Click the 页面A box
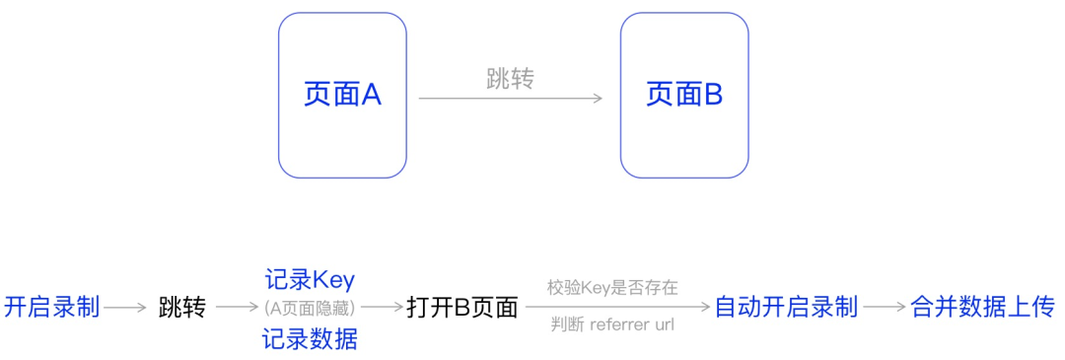(x=342, y=95)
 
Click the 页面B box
(x=684, y=95)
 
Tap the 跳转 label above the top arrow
(x=510, y=80)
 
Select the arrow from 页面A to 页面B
(x=510, y=98)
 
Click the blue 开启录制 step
(x=52, y=307)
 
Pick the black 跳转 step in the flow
(x=182, y=307)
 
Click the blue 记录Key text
(x=310, y=279)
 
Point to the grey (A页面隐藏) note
(x=310, y=306)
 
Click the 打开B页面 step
(x=462, y=307)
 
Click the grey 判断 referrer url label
(x=612, y=324)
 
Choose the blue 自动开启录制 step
(x=786, y=307)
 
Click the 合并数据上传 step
(x=982, y=307)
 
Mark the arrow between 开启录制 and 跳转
(x=125, y=307)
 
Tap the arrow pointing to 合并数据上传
(x=885, y=307)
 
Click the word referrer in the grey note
(x=620, y=324)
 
